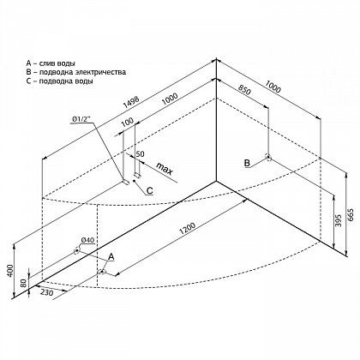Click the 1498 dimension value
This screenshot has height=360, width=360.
click(131, 102)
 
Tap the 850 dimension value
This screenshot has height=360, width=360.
click(244, 90)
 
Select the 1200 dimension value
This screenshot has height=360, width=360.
click(188, 228)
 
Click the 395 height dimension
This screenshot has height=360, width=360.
click(339, 220)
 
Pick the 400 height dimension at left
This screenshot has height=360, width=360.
click(10, 270)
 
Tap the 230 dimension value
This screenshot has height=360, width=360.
click(47, 293)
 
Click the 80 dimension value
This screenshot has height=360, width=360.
click(24, 283)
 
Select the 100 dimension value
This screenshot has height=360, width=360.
click(127, 122)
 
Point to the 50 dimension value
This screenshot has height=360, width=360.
click(140, 154)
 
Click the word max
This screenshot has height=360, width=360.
click(165, 169)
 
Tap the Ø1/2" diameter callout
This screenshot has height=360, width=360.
click(82, 119)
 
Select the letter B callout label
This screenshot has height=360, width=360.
click(247, 163)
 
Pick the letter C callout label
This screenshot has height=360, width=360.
click(149, 190)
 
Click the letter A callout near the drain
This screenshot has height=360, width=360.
click(111, 256)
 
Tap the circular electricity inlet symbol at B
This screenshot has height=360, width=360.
click(268, 157)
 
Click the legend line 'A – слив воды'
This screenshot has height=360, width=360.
click(51, 63)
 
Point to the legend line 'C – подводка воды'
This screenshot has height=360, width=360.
click(59, 81)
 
